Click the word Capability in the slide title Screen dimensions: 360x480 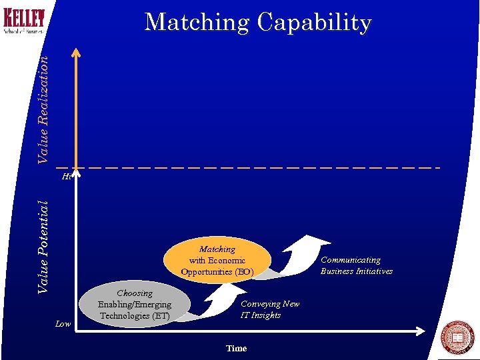coord(314,22)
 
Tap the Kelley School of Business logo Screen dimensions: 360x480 coord(25,21)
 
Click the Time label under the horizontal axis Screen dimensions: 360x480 coord(236,348)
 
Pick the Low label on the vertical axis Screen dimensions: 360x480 coord(63,324)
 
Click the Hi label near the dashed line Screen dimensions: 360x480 coord(66,177)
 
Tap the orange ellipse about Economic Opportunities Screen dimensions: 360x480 coord(217,260)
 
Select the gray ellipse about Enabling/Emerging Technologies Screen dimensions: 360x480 coord(134,304)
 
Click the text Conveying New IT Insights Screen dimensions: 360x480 coord(269,309)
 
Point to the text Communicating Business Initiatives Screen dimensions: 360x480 coord(356,265)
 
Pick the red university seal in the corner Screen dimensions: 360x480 coord(458,337)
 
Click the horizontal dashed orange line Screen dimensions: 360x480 coord(267,167)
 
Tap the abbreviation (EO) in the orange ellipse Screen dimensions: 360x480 coord(243,271)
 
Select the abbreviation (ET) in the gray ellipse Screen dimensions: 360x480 coord(159,315)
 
